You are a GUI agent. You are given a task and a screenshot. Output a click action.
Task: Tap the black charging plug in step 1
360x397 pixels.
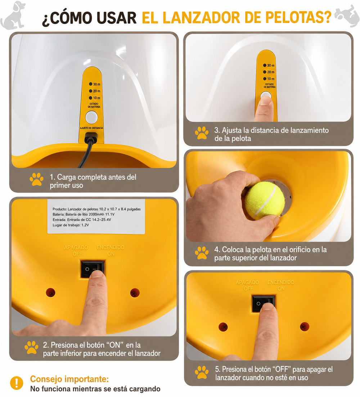click(91, 138)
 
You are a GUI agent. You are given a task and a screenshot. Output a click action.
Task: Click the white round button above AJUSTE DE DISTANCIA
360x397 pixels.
click(91, 117)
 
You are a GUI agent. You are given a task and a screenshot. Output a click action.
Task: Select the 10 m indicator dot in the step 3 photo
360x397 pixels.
click(265, 79)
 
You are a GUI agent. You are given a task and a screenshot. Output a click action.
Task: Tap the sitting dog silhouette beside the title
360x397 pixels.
click(13, 15)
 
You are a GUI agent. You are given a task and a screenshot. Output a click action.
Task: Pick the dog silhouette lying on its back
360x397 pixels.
click(347, 15)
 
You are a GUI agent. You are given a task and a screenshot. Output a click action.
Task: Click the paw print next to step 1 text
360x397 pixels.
click(36, 179)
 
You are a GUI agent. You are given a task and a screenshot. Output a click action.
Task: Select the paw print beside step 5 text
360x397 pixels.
click(202, 373)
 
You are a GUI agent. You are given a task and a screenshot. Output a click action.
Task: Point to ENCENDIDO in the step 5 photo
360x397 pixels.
click(281, 282)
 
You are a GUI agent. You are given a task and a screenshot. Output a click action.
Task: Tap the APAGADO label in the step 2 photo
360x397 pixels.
click(76, 247)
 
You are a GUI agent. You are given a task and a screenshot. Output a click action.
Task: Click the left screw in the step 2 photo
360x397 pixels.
click(51, 293)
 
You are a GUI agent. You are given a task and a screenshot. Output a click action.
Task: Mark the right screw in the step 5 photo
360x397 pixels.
click(305, 326)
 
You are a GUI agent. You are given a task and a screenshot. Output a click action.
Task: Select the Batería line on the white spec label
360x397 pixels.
click(84, 215)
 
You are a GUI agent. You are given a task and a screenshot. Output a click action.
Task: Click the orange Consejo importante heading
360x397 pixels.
click(69, 379)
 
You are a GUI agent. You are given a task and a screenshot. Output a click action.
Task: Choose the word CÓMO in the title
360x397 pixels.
click(67, 18)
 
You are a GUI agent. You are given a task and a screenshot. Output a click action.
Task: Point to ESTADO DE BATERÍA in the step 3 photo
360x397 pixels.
click(269, 86)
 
